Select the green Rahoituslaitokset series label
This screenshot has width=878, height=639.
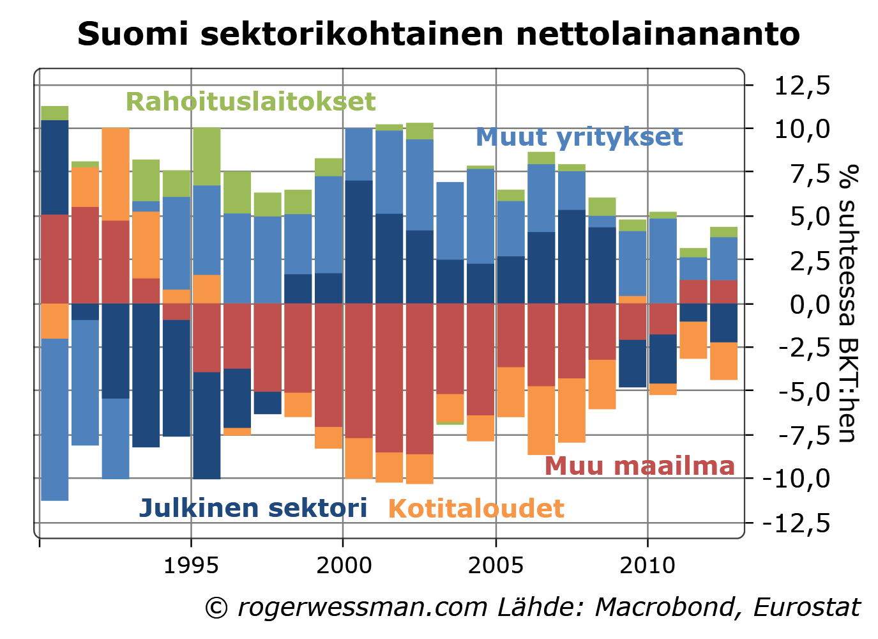pos(250,102)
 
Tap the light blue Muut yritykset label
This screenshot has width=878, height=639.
pos(579,137)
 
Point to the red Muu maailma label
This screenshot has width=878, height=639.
pos(639,465)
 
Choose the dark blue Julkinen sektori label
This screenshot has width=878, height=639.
pos(253,508)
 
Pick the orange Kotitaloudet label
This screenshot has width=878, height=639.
pos(476,509)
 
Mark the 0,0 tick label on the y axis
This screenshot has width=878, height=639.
pos(810,304)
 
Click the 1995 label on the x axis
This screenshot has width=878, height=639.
pos(191,565)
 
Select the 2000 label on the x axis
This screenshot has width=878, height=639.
pos(344,565)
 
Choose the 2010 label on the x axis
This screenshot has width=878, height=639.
pos(647,565)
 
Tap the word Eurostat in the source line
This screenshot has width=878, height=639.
pos(806,607)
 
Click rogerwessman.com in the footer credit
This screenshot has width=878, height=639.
pos(363,607)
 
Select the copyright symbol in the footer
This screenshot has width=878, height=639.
pos(216,608)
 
